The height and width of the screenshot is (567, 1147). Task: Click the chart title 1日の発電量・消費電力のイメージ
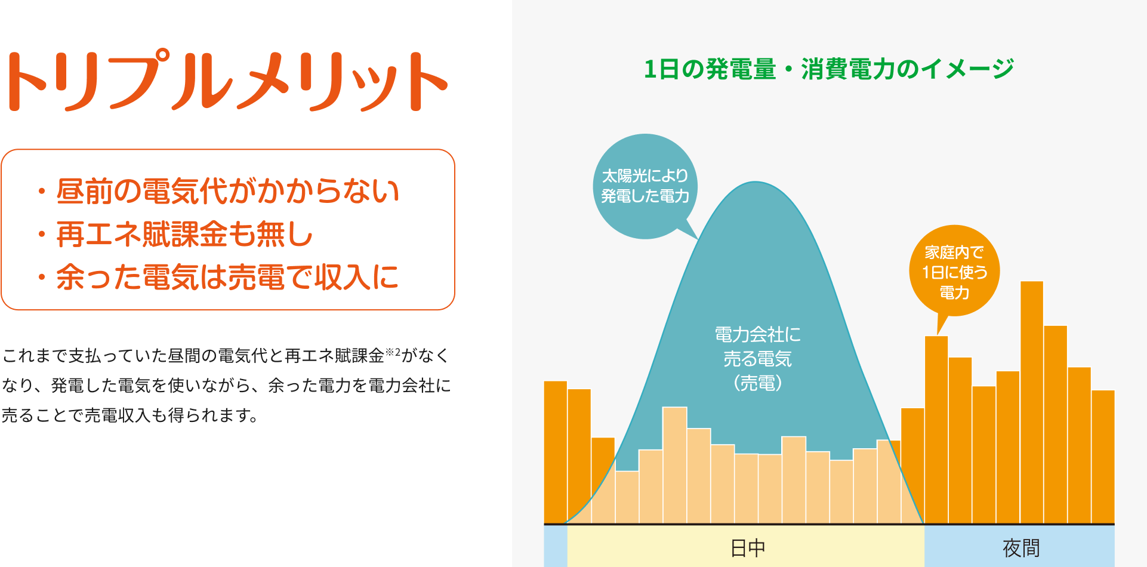click(829, 69)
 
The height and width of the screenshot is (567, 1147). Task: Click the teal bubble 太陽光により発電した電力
click(645, 186)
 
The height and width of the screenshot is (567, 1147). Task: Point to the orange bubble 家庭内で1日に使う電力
click(954, 271)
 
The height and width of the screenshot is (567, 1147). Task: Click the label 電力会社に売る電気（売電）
click(757, 358)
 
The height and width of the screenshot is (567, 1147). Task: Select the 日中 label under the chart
click(748, 548)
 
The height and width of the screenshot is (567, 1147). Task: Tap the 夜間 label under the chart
click(1021, 548)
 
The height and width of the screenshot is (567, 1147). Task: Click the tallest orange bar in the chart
click(1032, 402)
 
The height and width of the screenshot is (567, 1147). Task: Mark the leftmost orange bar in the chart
click(555, 452)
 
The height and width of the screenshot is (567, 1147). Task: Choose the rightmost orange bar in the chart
click(1103, 457)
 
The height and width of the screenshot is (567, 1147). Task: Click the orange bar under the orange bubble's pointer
click(936, 430)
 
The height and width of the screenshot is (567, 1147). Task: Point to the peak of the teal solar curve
click(755, 182)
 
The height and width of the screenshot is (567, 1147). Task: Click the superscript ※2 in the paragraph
click(393, 352)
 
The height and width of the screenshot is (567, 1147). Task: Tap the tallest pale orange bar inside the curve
click(674, 465)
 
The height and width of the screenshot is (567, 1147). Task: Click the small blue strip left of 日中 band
click(556, 546)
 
